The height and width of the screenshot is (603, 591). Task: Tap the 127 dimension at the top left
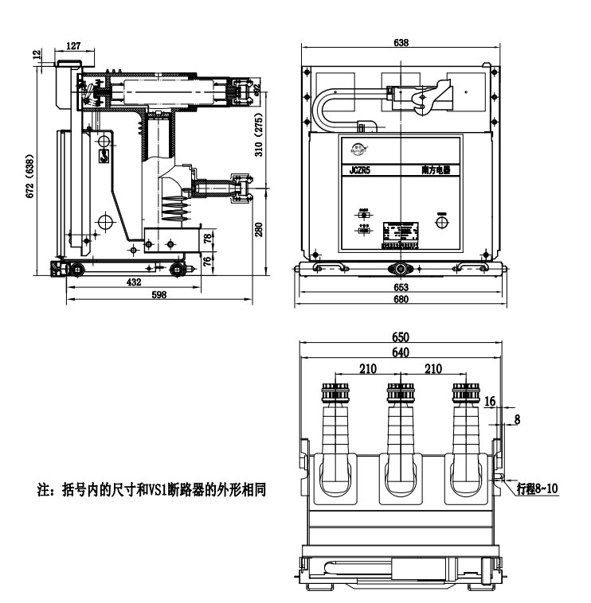[73, 46]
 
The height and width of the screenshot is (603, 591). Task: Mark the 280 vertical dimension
[258, 230]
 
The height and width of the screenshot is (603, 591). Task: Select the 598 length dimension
[158, 295]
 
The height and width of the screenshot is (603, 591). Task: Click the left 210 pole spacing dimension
[367, 368]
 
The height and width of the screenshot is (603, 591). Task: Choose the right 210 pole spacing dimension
[434, 368]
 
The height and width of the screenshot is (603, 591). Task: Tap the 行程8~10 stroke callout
[538, 487]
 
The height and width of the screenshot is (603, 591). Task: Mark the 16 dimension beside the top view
[491, 403]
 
